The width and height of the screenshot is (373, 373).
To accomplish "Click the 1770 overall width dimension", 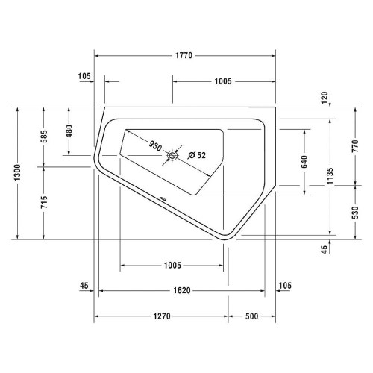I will [184, 55].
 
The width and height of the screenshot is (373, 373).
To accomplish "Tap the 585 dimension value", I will [44, 137].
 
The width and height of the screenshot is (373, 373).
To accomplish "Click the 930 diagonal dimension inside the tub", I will [155, 145].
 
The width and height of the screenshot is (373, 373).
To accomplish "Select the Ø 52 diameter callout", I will [197, 154].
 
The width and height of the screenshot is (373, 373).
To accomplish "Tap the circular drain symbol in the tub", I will [173, 155].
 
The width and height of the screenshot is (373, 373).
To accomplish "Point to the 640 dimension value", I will [304, 161].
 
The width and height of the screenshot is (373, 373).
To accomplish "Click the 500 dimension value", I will [251, 316].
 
